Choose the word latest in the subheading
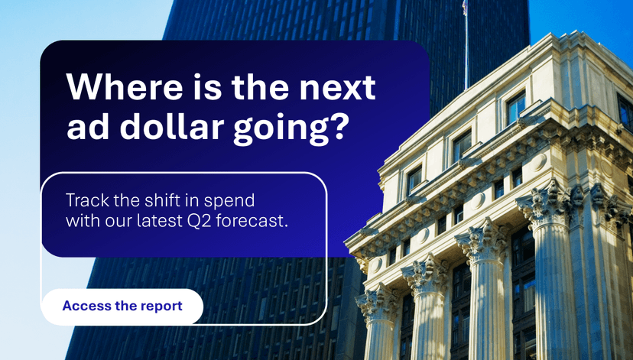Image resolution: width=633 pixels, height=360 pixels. tap(157, 222)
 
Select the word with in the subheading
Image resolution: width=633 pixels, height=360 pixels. tap(80, 222)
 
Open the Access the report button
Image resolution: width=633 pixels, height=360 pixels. tap(122, 306)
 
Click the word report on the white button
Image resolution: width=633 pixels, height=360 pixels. tap(161, 306)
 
